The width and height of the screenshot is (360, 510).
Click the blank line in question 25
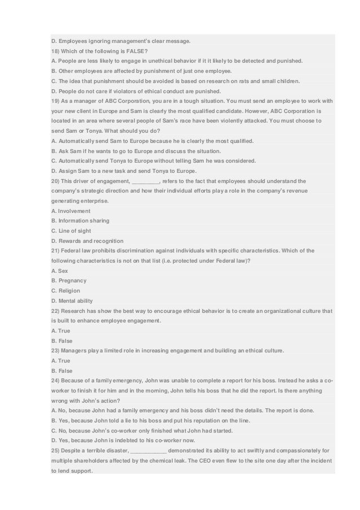[x=148, y=450]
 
